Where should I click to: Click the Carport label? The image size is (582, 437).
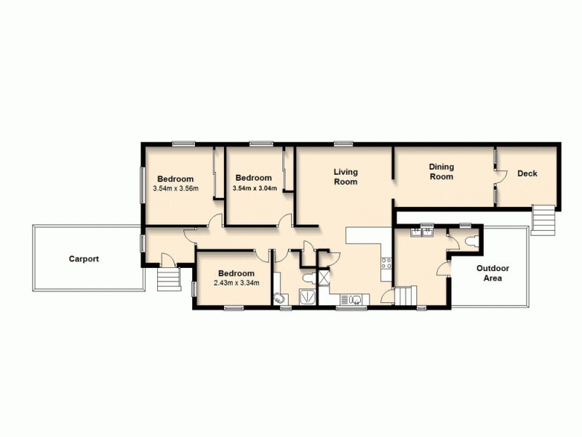point(84,259)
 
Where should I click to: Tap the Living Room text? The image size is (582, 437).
point(346,177)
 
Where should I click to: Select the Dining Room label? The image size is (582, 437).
point(441,172)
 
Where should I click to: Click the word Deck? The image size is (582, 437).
point(527,173)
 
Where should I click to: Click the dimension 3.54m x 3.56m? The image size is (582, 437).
point(175,189)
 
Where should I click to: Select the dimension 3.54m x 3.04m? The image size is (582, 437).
point(253,188)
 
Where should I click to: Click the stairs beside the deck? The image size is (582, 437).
point(543,217)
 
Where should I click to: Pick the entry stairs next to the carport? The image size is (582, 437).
point(168,279)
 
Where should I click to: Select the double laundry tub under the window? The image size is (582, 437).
point(422,233)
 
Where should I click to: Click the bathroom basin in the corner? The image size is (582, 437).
point(279,298)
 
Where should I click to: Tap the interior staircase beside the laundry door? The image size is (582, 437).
point(404,296)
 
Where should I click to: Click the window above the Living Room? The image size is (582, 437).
point(343,143)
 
